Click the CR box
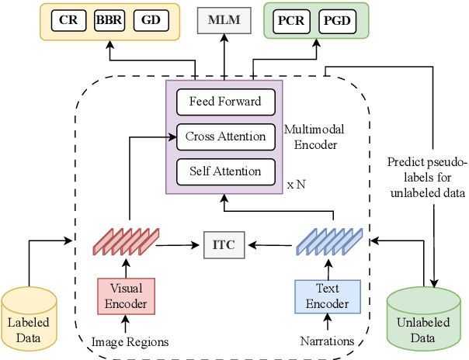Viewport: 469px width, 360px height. tap(68, 21)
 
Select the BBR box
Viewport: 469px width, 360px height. tap(109, 21)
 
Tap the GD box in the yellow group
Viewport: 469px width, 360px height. tap(151, 21)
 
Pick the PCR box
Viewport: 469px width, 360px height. tap(292, 21)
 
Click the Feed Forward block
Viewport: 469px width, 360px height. tap(225, 102)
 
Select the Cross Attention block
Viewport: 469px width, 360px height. tap(225, 137)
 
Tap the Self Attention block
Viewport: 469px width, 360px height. tap(225, 171)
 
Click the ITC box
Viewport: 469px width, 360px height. tap(224, 245)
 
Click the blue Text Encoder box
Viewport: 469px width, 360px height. tap(327, 295)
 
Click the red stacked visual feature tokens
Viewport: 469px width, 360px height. tap(126, 241)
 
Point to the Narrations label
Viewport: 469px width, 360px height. tap(327, 341)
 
